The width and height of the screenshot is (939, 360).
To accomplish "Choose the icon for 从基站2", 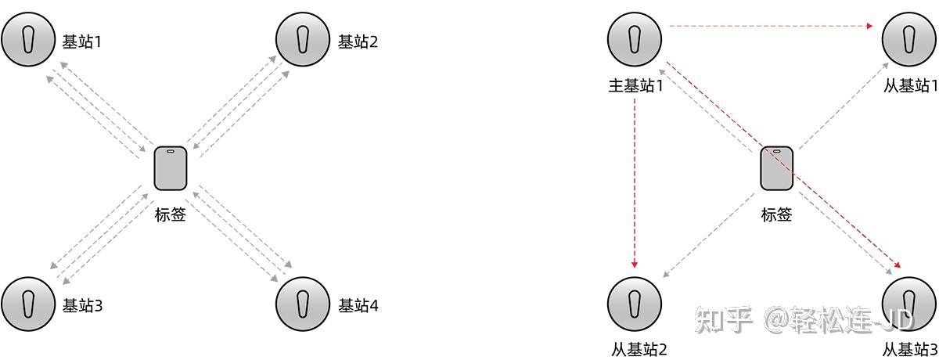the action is click(x=635, y=302).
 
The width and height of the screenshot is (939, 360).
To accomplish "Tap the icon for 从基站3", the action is click(x=909, y=302).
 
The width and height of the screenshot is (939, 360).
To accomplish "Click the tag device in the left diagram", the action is click(x=171, y=168).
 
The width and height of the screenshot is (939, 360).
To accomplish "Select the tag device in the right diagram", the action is click(x=778, y=168).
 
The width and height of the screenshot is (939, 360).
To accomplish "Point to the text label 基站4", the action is click(x=358, y=305).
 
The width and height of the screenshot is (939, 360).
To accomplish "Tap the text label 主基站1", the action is click(x=635, y=85).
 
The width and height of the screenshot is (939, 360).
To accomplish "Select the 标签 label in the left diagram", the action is click(x=171, y=214).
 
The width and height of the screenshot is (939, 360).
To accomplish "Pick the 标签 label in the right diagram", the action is click(x=777, y=214).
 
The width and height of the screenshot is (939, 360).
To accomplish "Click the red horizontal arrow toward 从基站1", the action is click(x=771, y=27).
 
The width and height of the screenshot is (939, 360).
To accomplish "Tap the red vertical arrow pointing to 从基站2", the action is click(x=635, y=180).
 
